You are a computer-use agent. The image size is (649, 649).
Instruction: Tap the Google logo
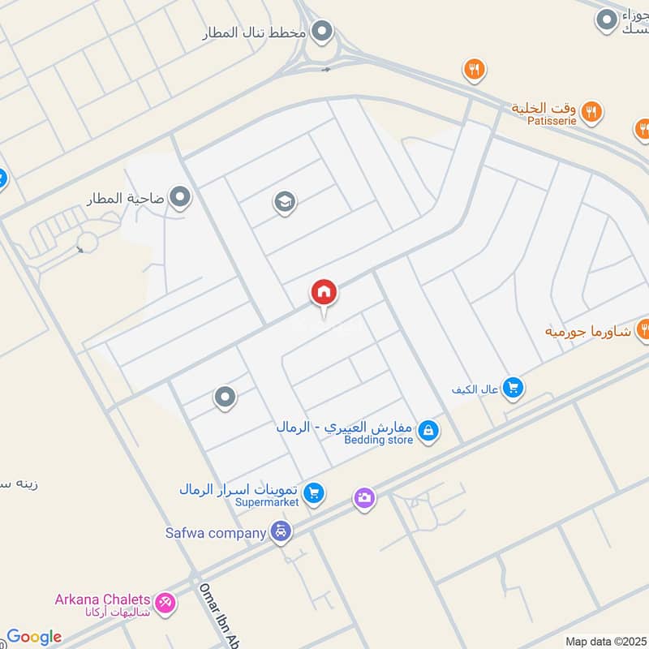[x=33, y=637]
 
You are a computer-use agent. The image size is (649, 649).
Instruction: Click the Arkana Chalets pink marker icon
[x=167, y=601]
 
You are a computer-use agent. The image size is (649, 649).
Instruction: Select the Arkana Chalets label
[x=103, y=600]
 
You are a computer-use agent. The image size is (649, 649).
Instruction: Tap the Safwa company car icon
[x=281, y=532]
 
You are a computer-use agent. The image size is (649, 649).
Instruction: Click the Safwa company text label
[x=216, y=533]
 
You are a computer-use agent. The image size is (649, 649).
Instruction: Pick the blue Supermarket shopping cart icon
[x=314, y=492]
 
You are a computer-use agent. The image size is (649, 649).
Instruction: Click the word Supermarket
[x=267, y=502]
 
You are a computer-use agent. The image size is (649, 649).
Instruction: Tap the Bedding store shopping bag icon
[x=429, y=432]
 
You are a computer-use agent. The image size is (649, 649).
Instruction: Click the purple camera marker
[x=364, y=497]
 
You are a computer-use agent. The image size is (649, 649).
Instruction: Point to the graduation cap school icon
[x=284, y=200]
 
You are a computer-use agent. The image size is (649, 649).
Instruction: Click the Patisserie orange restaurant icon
[x=591, y=112]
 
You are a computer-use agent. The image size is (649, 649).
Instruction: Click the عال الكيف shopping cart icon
[x=512, y=389]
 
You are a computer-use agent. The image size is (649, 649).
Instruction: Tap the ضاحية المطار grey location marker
[x=180, y=197]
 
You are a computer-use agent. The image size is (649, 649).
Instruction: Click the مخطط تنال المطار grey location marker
[x=323, y=32]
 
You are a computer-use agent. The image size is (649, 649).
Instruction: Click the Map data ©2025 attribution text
[x=605, y=641]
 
